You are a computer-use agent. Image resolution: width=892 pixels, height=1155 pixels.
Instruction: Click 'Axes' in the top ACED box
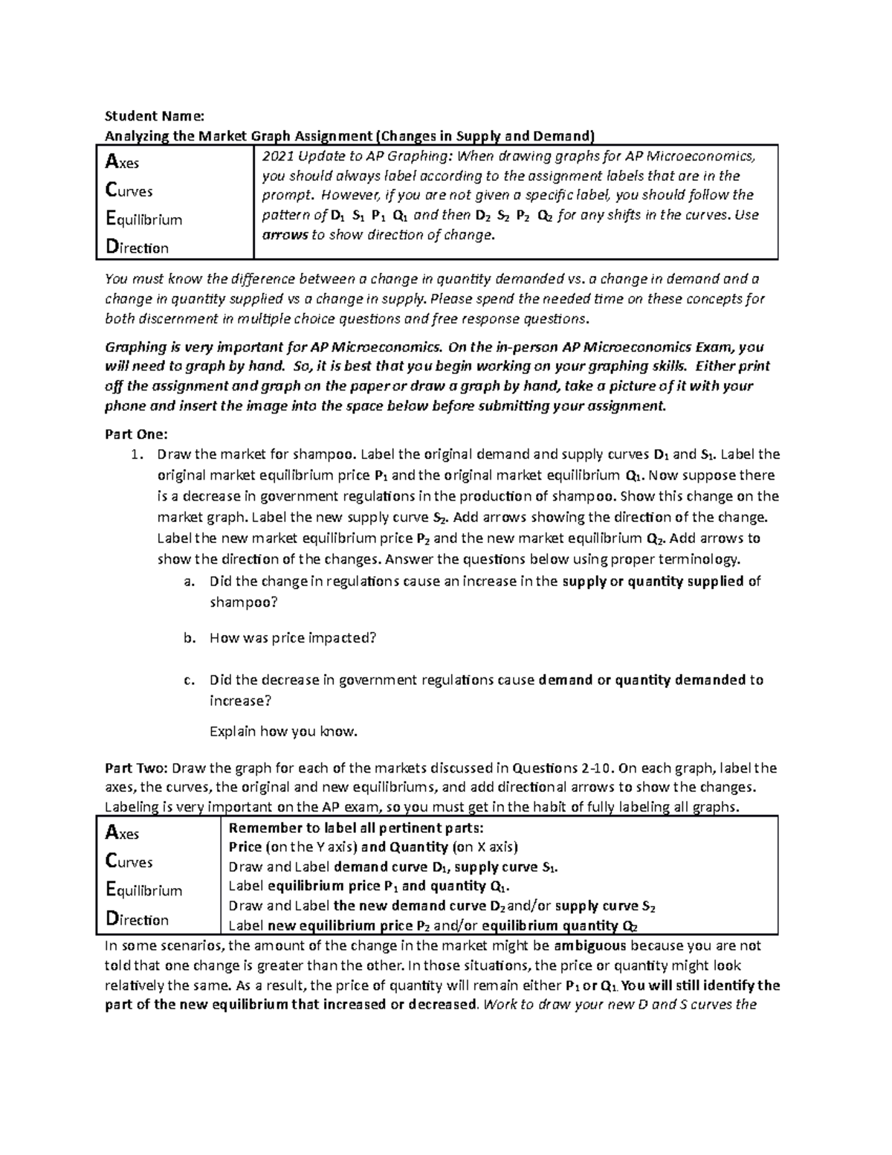123,162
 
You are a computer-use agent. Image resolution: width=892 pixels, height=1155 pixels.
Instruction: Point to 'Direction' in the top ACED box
138,247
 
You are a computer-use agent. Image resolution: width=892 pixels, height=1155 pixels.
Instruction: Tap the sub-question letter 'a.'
189,582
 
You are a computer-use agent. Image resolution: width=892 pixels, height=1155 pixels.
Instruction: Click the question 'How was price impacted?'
294,638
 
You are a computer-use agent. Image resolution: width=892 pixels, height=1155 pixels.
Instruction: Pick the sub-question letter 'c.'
189,680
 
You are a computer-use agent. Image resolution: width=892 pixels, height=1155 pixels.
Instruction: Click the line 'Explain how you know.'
283,732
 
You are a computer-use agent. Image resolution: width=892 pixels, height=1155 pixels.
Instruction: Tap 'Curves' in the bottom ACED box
129,862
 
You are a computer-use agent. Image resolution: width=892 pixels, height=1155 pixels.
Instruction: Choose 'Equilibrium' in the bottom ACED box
144,890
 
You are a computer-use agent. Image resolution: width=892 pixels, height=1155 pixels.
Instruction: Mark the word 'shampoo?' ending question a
243,602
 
